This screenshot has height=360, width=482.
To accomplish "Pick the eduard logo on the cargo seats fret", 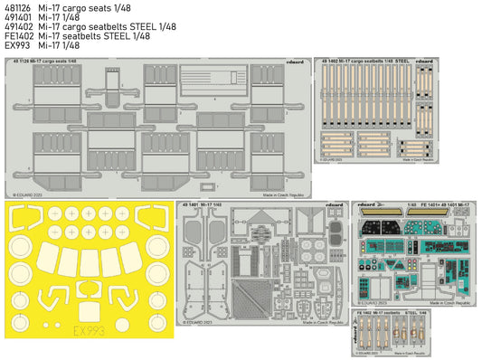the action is [292, 62].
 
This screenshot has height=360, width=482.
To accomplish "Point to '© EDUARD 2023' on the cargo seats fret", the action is [34, 193].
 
